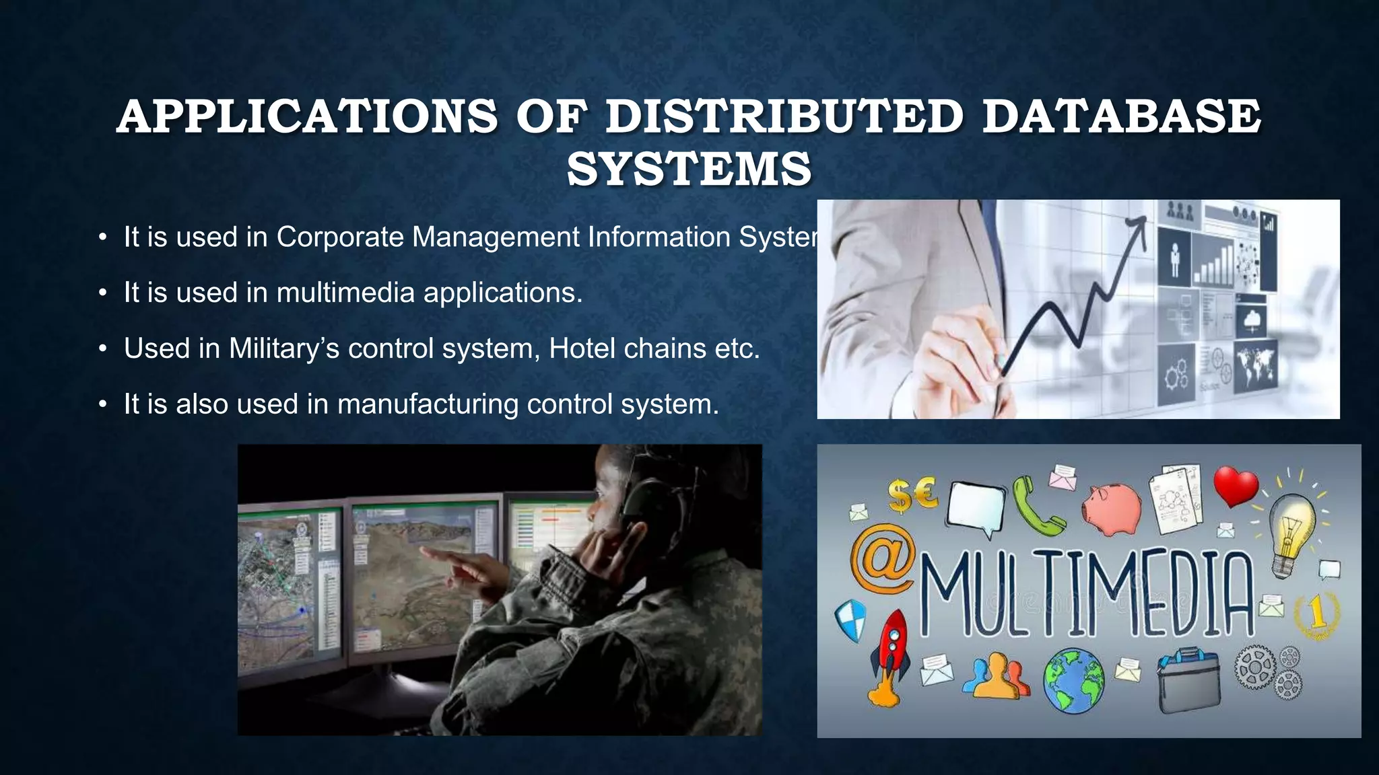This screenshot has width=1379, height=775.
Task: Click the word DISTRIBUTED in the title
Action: click(784, 116)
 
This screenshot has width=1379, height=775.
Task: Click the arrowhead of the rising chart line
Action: click(1139, 223)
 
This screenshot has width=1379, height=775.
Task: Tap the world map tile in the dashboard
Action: click(1256, 365)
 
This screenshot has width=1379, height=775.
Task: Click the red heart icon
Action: click(1236, 486)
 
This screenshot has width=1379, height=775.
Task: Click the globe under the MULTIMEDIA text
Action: click(1073, 680)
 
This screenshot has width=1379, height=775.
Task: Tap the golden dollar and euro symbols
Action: click(912, 495)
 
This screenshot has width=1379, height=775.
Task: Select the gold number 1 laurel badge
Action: click(1316, 614)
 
